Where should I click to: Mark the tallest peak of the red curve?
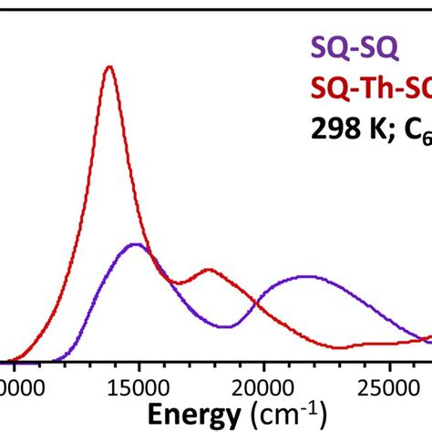tap(110, 67)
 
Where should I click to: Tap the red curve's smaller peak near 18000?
tap(210, 270)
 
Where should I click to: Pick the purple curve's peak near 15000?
tap(136, 244)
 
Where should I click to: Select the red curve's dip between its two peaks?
tap(179, 283)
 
